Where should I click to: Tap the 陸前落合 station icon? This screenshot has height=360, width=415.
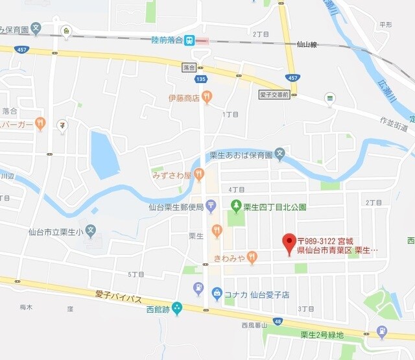[x=189, y=40]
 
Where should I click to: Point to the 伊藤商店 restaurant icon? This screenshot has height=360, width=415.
[x=207, y=97]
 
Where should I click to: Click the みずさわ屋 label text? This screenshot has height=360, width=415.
[x=171, y=175]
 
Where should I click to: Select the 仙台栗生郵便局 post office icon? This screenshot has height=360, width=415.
[x=211, y=207]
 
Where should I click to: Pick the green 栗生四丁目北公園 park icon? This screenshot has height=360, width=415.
[x=236, y=207]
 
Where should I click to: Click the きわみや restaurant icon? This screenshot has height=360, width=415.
[x=252, y=258]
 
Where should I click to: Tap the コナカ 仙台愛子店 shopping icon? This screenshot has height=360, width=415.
[x=217, y=294]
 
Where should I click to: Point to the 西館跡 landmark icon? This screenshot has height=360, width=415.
[x=177, y=309]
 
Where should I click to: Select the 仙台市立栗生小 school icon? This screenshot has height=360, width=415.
[x=90, y=230]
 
